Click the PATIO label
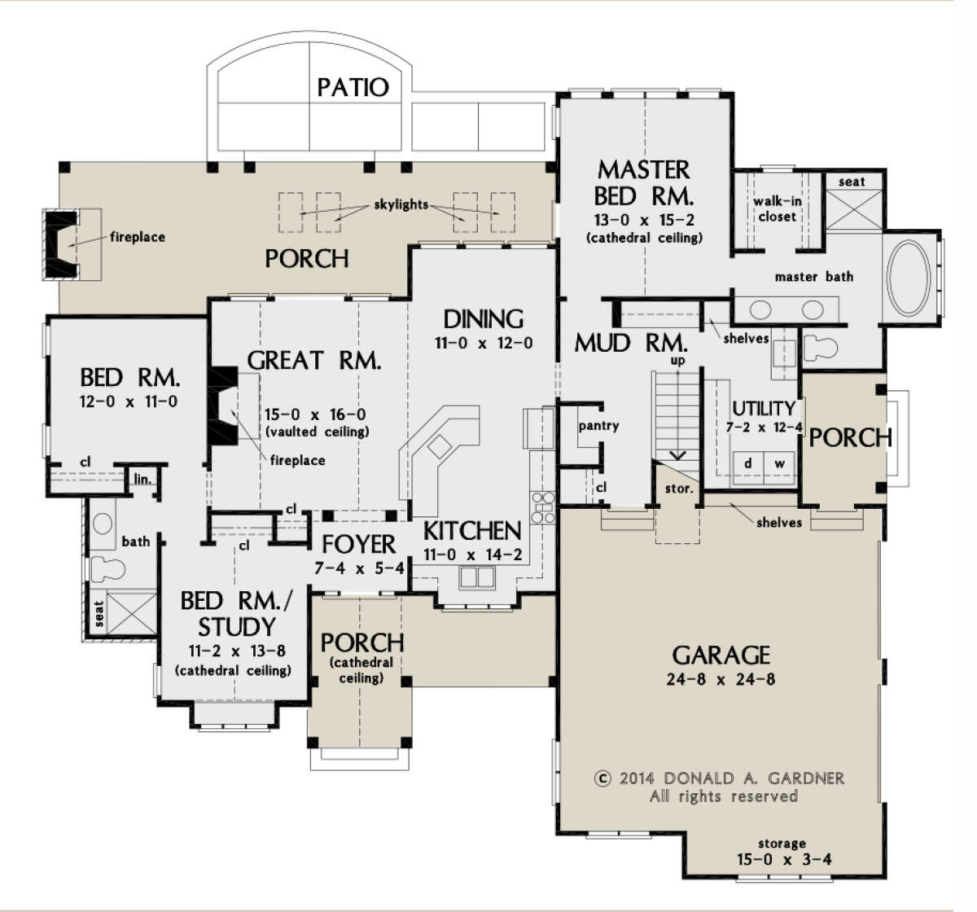(353, 88)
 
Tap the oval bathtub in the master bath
(909, 278)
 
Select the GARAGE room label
(721, 655)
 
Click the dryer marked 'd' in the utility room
(747, 463)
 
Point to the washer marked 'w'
(779, 463)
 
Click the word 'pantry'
(598, 426)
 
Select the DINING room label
(483, 319)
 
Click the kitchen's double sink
(476, 577)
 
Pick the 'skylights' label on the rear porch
(401, 204)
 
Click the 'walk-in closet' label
(777, 208)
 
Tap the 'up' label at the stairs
(677, 361)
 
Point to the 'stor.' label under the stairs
(679, 489)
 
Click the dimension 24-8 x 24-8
(721, 680)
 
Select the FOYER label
(358, 545)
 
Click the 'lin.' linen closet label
(142, 479)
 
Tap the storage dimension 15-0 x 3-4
(784, 859)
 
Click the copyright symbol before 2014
(602, 778)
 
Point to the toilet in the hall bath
(107, 568)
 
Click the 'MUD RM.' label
(631, 343)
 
